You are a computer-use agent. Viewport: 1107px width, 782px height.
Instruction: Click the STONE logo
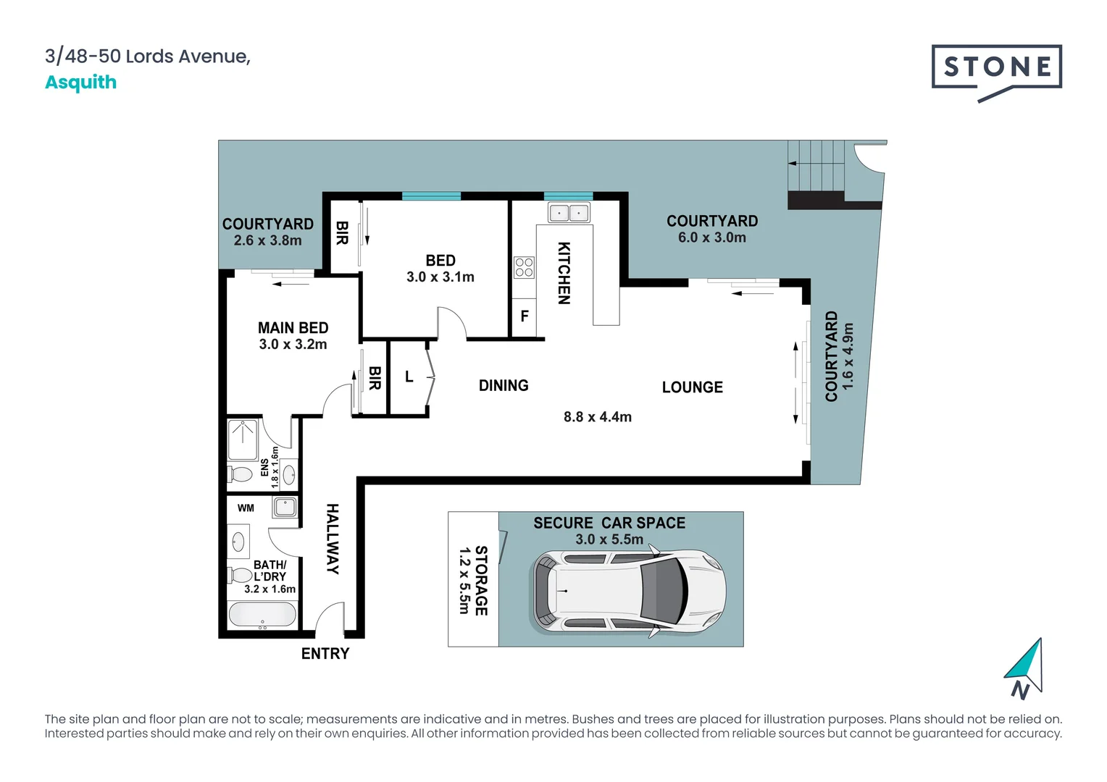(996, 73)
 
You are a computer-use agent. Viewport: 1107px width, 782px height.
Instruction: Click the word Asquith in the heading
(80, 83)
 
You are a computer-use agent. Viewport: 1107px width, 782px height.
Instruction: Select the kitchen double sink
(569, 213)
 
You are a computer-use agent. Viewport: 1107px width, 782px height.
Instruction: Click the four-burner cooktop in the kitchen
(524, 267)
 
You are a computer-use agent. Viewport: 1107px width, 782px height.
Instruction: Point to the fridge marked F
(524, 317)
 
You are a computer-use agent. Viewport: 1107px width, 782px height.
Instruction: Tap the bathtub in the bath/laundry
(262, 615)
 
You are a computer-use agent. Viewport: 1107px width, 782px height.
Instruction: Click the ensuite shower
(243, 440)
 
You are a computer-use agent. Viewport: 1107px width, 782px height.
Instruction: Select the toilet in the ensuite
(240, 475)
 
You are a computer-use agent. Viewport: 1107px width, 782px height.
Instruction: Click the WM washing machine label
(246, 508)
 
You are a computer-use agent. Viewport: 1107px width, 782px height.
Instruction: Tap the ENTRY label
(325, 654)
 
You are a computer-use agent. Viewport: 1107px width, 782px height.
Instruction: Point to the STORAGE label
(481, 581)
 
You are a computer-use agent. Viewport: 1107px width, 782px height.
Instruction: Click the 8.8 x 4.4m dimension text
(598, 417)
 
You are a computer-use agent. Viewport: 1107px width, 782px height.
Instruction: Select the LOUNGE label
(693, 387)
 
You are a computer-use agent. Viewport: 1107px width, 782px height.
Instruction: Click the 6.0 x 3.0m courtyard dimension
(712, 237)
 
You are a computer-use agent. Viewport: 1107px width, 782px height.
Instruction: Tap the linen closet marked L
(409, 377)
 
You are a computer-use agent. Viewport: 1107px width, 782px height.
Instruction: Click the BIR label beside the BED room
(342, 233)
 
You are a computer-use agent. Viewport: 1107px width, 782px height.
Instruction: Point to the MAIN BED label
(293, 328)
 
